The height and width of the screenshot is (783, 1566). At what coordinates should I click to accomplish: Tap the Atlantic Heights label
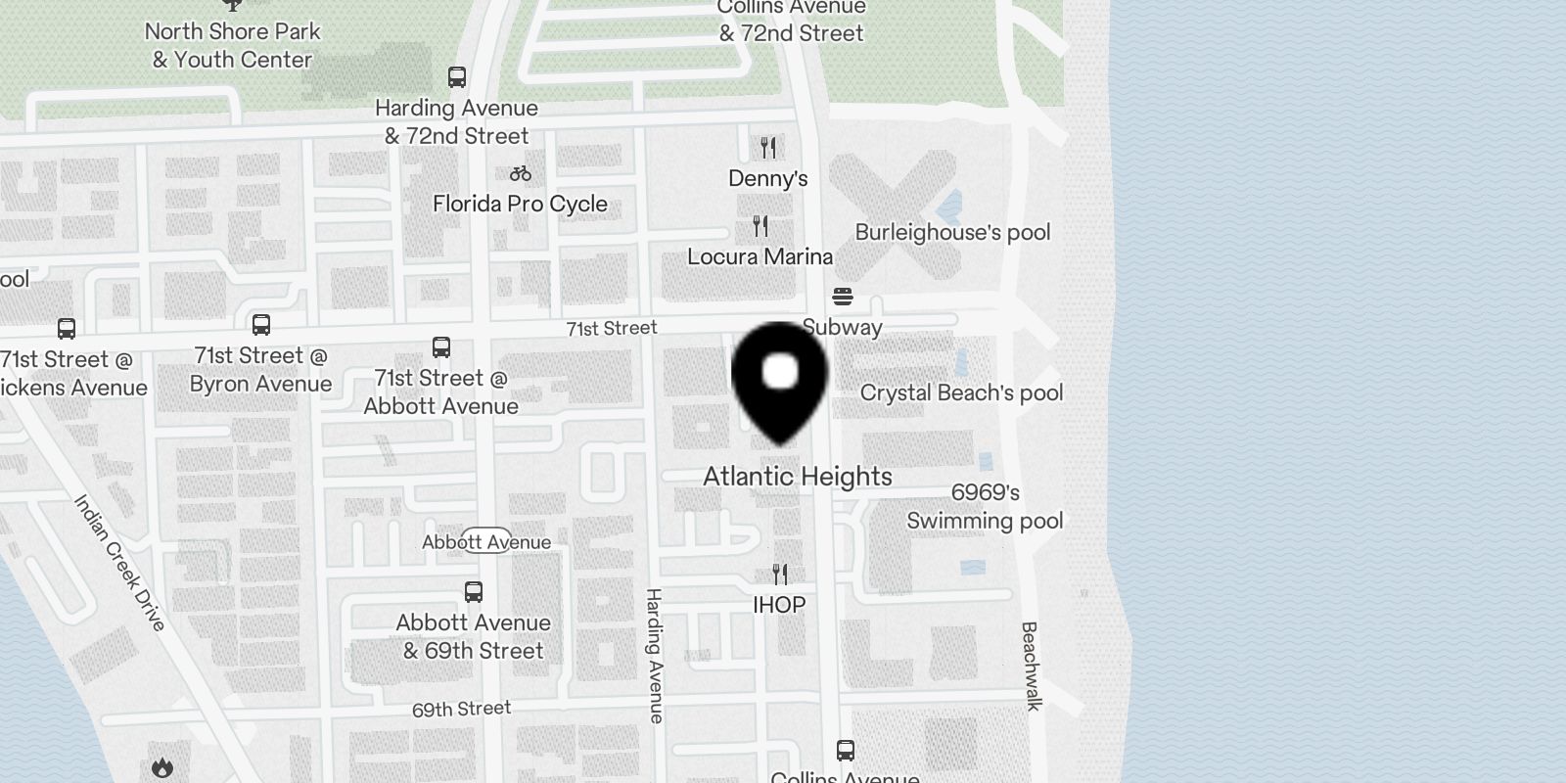point(798,477)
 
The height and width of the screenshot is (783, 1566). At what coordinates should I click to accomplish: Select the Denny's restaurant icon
point(768,148)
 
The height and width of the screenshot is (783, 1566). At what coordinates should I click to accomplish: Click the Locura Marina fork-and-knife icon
point(760,226)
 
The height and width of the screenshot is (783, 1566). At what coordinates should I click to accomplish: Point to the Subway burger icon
point(843,296)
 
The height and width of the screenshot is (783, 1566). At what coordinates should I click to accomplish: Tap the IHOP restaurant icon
point(780,574)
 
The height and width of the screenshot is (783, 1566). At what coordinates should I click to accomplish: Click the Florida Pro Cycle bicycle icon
point(521,173)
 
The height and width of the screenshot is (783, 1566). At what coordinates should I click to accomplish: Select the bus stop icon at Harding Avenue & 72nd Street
point(456,77)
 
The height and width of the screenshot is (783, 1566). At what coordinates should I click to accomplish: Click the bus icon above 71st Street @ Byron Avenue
point(261,324)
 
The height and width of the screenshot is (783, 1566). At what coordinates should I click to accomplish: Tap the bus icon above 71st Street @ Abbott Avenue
point(441,346)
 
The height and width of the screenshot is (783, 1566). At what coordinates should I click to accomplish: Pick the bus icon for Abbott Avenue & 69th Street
point(474,591)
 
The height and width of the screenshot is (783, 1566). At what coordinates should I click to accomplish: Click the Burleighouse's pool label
point(952,233)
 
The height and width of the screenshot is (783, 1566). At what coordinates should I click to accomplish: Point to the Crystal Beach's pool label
point(961,393)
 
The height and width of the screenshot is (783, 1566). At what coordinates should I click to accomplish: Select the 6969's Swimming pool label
point(985,507)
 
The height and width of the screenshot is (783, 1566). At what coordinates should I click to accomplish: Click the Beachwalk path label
point(1030,666)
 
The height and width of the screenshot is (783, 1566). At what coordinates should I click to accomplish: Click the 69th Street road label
point(461,709)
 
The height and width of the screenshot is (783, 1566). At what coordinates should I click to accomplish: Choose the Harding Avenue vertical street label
point(655,656)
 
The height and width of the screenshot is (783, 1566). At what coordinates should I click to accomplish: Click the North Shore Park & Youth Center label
point(233,45)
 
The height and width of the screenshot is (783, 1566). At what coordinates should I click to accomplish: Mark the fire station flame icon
point(162,768)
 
